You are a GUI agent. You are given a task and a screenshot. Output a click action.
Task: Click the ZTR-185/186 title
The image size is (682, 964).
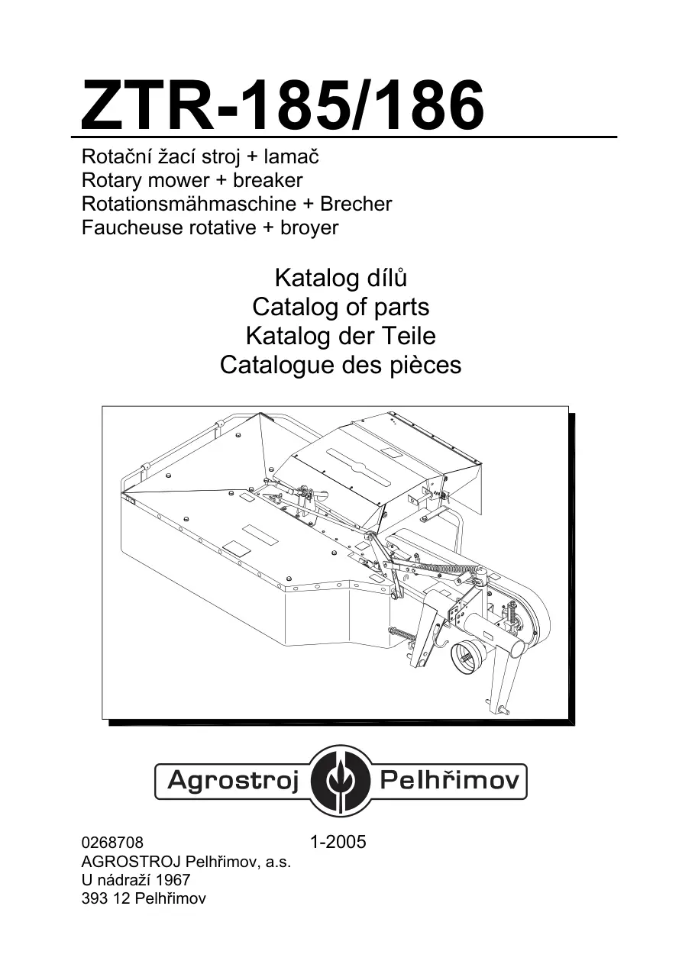tap(283, 105)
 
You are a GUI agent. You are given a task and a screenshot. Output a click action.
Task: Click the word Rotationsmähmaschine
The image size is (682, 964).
tap(189, 204)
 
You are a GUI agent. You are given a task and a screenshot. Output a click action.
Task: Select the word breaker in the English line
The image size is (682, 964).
tap(268, 180)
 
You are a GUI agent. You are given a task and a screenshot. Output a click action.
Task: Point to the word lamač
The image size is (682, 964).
tap(292, 156)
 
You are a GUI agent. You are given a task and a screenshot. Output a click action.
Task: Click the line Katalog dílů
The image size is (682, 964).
tap(341, 279)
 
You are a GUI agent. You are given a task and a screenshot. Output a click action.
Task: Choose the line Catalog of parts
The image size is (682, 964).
tap(341, 308)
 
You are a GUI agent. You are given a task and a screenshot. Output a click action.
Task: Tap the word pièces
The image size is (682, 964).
tap(426, 365)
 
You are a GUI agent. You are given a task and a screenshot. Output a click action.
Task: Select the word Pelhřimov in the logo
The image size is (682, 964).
tap(450, 780)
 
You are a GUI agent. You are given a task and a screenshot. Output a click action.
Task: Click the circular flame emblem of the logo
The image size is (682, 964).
tap(340, 781)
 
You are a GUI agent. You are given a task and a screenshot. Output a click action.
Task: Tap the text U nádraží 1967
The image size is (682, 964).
tap(136, 879)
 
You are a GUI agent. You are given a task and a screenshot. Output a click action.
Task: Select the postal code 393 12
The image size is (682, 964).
tap(106, 898)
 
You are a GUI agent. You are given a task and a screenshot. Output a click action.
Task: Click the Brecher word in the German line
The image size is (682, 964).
tap(356, 204)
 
